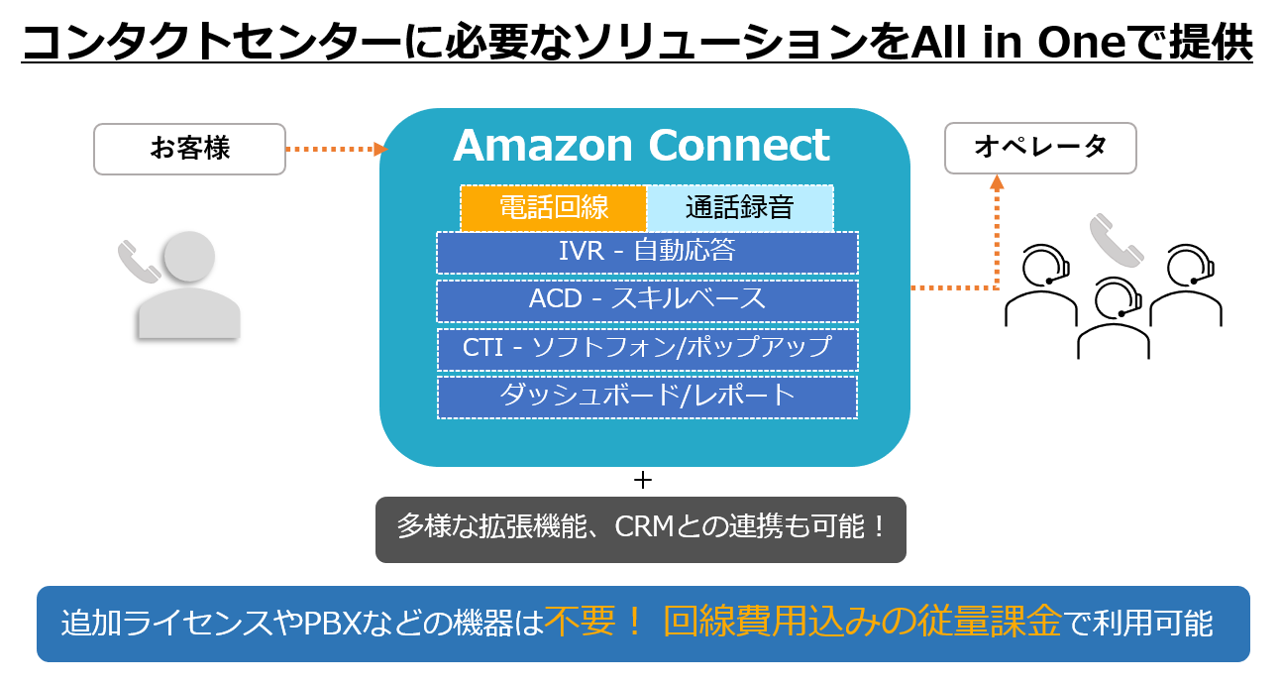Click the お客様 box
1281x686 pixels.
tap(189, 149)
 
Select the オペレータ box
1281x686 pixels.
tap(1039, 149)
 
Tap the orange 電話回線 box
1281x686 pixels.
tap(553, 208)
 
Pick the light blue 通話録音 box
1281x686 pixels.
tap(739, 208)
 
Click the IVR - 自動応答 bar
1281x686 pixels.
tap(647, 252)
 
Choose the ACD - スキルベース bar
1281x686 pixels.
tap(647, 299)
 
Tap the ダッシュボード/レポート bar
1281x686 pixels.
tap(647, 397)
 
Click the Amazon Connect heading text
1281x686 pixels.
tap(641, 146)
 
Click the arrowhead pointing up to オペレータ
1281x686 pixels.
tap(997, 182)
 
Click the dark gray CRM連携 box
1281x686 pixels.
tap(641, 528)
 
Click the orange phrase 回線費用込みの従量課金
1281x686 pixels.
tap(862, 624)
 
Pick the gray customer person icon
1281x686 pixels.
tap(189, 287)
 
